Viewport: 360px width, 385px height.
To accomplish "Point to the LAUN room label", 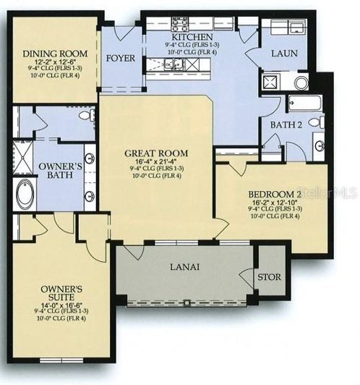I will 284,54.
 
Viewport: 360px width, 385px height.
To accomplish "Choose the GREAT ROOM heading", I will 156,153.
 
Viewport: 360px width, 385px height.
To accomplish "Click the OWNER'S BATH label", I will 56,171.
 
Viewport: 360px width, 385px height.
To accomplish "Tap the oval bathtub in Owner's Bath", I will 25,195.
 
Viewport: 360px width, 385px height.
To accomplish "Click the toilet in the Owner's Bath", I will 85,116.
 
